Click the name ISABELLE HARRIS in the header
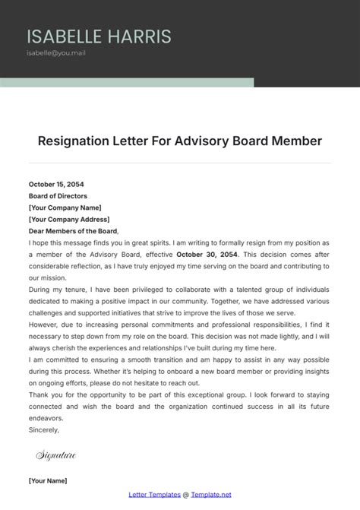99,36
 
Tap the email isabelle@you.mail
55,54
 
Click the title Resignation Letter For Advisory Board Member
180,141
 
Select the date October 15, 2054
56,184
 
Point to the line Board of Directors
58,196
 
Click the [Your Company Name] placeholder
65,207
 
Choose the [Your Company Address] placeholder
69,220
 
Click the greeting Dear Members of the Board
74,231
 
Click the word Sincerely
44,429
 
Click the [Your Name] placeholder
48,480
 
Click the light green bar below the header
126,82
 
